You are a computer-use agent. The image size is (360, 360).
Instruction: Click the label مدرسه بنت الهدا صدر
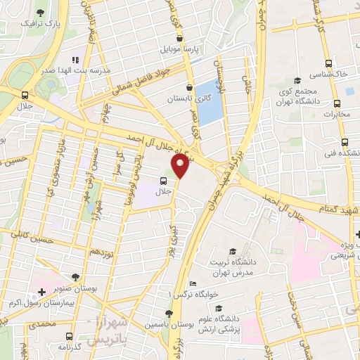coord(47,70)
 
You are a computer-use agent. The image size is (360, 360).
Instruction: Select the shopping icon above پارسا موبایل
coord(180,38)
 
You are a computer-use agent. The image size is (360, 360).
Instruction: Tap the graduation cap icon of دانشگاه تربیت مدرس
coord(233,252)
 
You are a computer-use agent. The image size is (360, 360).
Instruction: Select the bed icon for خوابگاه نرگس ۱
coord(193,283)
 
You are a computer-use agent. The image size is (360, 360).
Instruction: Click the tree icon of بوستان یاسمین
coord(169,314)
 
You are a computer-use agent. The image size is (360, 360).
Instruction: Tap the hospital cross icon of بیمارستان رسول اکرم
coord(41,292)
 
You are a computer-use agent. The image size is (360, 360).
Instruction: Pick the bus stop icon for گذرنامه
coord(67,336)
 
